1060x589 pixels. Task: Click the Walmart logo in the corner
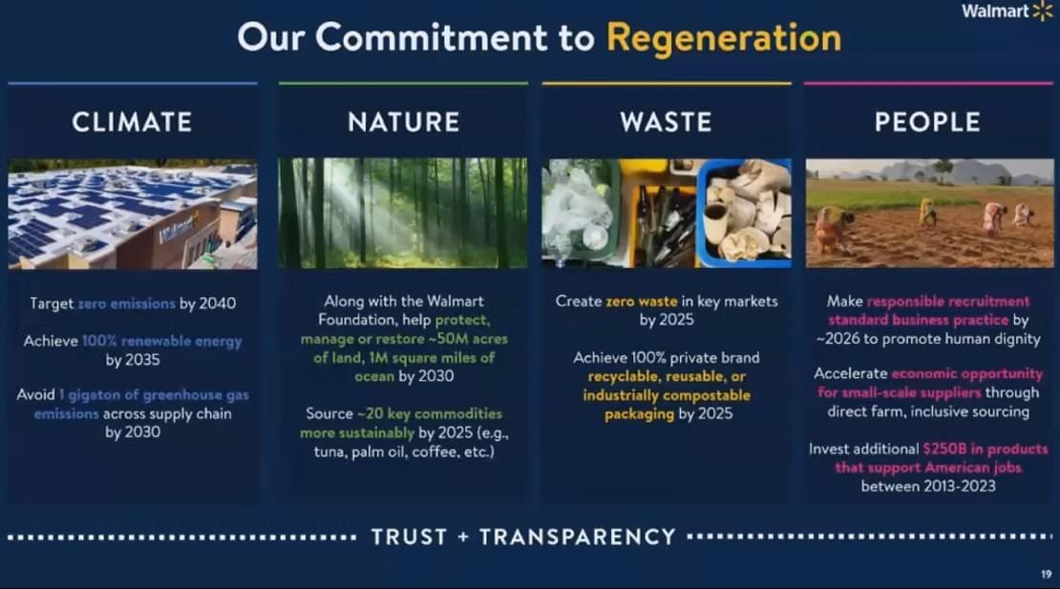click(1007, 11)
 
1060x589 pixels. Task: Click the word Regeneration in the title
click(724, 38)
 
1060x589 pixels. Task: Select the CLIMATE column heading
click(132, 122)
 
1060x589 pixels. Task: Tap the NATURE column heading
click(404, 122)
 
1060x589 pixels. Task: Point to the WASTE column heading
click(666, 122)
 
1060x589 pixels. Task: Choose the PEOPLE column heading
click(927, 122)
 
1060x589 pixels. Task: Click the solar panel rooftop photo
click(133, 214)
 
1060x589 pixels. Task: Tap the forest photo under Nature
click(403, 213)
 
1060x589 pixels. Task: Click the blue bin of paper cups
click(744, 213)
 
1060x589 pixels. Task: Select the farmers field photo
click(929, 213)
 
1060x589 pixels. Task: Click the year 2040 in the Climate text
click(218, 304)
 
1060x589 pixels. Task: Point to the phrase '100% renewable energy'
click(161, 341)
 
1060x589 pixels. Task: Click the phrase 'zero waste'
click(642, 302)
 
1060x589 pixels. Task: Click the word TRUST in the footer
click(409, 537)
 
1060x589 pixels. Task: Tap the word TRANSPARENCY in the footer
click(578, 537)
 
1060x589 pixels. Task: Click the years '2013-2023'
click(960, 486)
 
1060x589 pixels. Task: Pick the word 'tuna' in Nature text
click(329, 452)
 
